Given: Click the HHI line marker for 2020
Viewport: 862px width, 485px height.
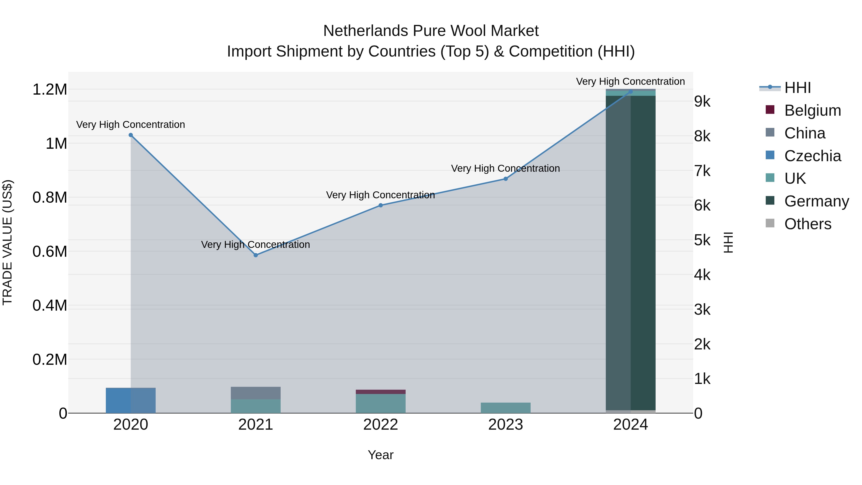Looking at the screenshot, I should tap(131, 135).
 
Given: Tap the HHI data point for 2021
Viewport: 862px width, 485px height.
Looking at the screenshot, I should tap(256, 255).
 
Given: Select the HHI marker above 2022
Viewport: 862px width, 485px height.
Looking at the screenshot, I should tap(380, 205).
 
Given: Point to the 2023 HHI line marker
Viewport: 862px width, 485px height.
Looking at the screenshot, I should tap(506, 179).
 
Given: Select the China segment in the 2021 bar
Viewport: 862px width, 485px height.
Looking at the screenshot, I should tap(256, 393).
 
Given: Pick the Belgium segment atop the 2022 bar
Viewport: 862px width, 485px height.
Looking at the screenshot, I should tap(380, 392).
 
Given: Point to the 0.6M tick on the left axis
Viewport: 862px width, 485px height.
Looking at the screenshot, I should tap(50, 251).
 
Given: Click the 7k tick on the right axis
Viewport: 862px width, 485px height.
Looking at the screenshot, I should tap(702, 171).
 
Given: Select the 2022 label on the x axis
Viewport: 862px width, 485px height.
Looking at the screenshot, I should tap(380, 425).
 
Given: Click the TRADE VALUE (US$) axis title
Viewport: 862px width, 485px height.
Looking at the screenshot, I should tap(8, 242).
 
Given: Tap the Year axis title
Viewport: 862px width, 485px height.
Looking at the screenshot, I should tap(380, 455).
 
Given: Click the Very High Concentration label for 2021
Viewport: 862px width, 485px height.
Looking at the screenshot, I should tap(256, 245).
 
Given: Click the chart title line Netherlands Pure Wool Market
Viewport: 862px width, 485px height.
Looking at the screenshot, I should tap(431, 31).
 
